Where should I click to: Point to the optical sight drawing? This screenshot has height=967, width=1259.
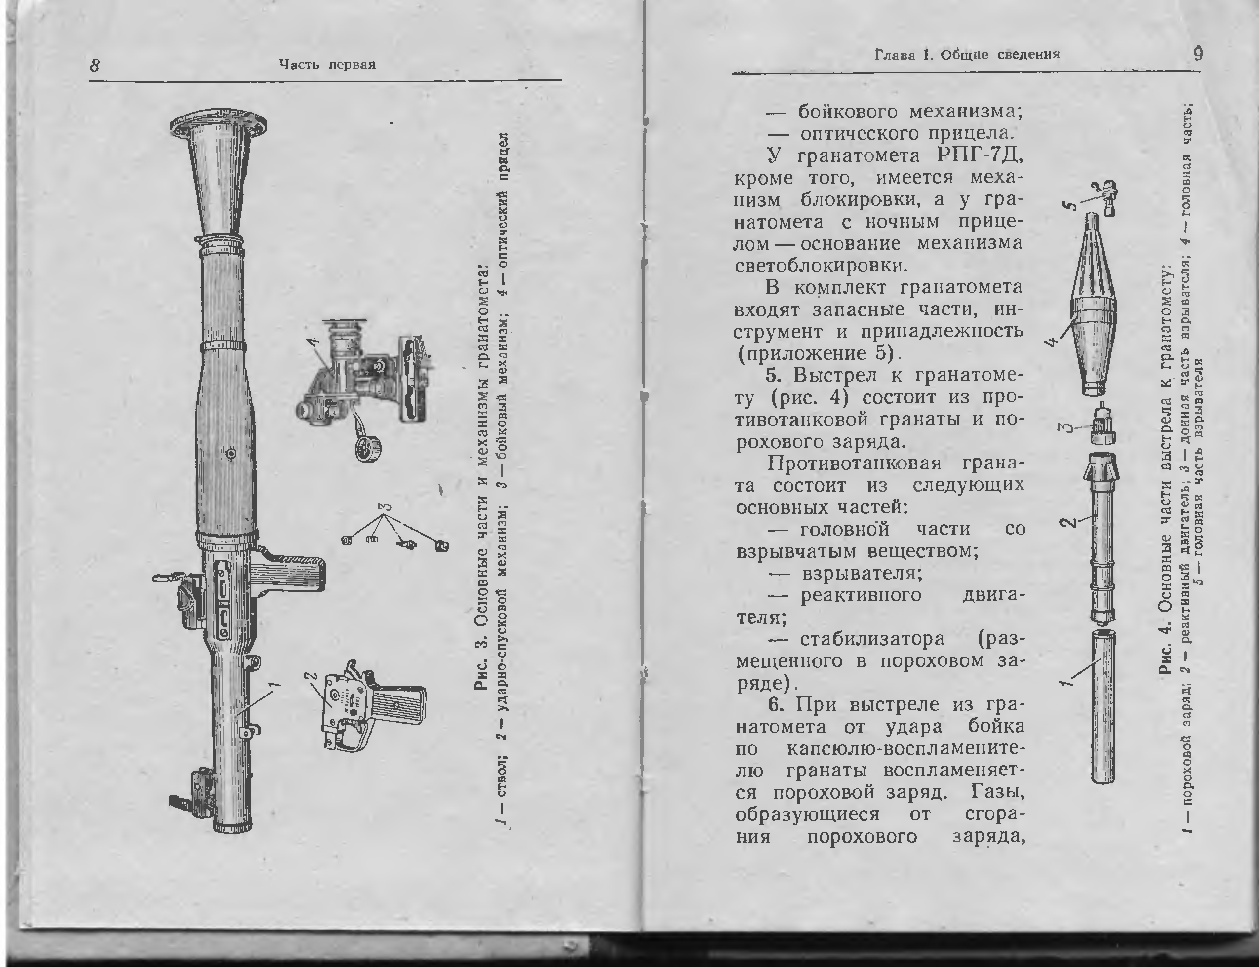coord(363,374)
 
